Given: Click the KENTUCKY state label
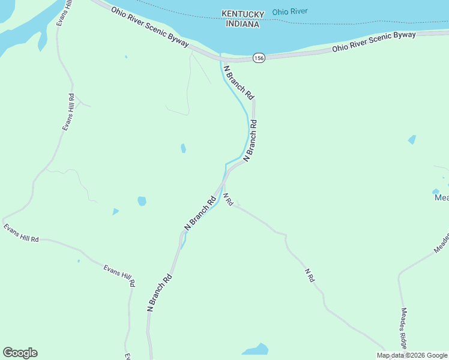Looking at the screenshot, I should (243, 14).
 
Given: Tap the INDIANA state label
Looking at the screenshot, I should (243, 24).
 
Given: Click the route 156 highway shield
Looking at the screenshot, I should (259, 58).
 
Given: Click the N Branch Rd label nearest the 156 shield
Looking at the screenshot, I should (239, 82).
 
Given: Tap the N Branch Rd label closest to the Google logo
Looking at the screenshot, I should (160, 292).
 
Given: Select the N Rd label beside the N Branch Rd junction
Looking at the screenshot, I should (228, 200).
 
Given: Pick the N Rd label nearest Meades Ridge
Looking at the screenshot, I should (309, 275).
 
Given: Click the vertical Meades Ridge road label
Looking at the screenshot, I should (404, 329).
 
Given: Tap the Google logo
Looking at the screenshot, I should (20, 353).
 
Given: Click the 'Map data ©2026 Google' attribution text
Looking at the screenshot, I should (412, 355).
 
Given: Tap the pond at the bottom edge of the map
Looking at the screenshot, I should (256, 350).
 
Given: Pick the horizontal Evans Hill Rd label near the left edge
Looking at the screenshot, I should (21, 233).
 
